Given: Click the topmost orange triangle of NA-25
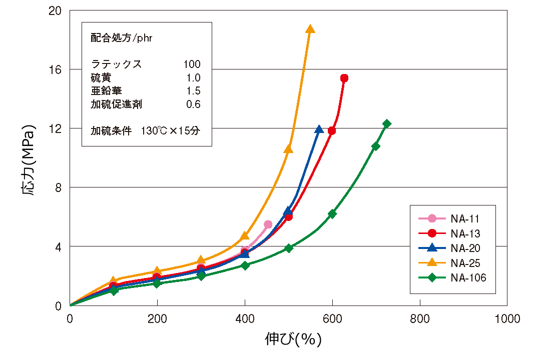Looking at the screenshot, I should [x=310, y=29].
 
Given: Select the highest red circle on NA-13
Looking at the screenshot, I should [x=344, y=78].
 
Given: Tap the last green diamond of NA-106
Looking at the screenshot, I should [x=386, y=123].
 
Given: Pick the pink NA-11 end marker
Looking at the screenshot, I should [x=268, y=224].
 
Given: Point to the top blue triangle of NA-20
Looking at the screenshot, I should [x=319, y=129].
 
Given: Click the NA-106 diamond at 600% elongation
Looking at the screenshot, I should [x=332, y=213].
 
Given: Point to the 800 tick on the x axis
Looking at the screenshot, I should [x=419, y=318].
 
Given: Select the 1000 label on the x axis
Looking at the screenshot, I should [x=506, y=318].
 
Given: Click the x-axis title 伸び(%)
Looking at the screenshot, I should [x=293, y=339].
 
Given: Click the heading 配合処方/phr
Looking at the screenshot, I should [x=122, y=38].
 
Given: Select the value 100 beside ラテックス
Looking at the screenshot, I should [x=192, y=64].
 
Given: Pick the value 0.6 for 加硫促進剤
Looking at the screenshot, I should [x=193, y=104].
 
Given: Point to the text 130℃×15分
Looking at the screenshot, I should [x=170, y=131].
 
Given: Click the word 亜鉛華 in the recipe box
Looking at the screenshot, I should [x=106, y=90].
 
